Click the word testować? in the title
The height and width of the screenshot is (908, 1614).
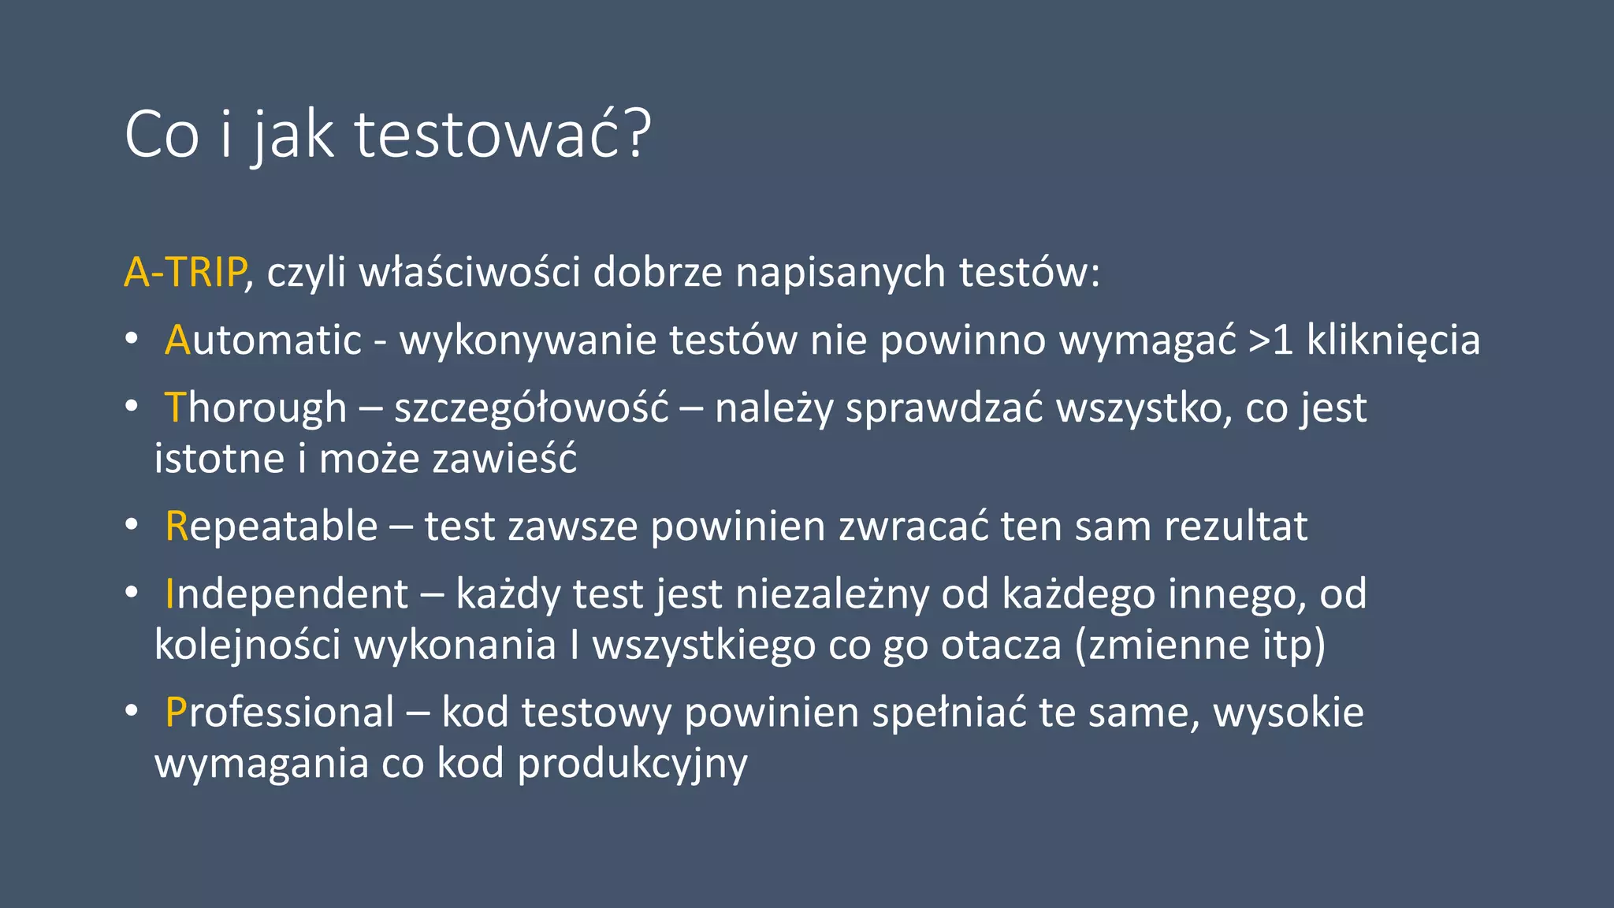[503, 135]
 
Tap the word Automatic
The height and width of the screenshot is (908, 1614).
[263, 340]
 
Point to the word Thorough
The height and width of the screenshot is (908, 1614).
[255, 408]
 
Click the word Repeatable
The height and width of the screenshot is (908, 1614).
[271, 527]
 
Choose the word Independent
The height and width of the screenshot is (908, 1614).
[287, 594]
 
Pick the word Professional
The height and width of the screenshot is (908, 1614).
[280, 713]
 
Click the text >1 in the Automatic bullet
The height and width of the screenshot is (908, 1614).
[1270, 340]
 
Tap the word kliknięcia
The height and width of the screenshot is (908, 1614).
[1393, 340]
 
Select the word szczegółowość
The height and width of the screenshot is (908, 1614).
[531, 408]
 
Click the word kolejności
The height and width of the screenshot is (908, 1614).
[247, 645]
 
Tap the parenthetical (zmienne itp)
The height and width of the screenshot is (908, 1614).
[1199, 645]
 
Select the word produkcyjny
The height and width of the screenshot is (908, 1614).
[632, 764]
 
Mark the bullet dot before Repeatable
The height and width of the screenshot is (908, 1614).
[132, 525]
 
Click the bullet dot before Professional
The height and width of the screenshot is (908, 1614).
[132, 711]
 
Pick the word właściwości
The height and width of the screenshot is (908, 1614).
[470, 272]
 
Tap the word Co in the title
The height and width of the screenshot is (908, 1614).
[162, 135]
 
